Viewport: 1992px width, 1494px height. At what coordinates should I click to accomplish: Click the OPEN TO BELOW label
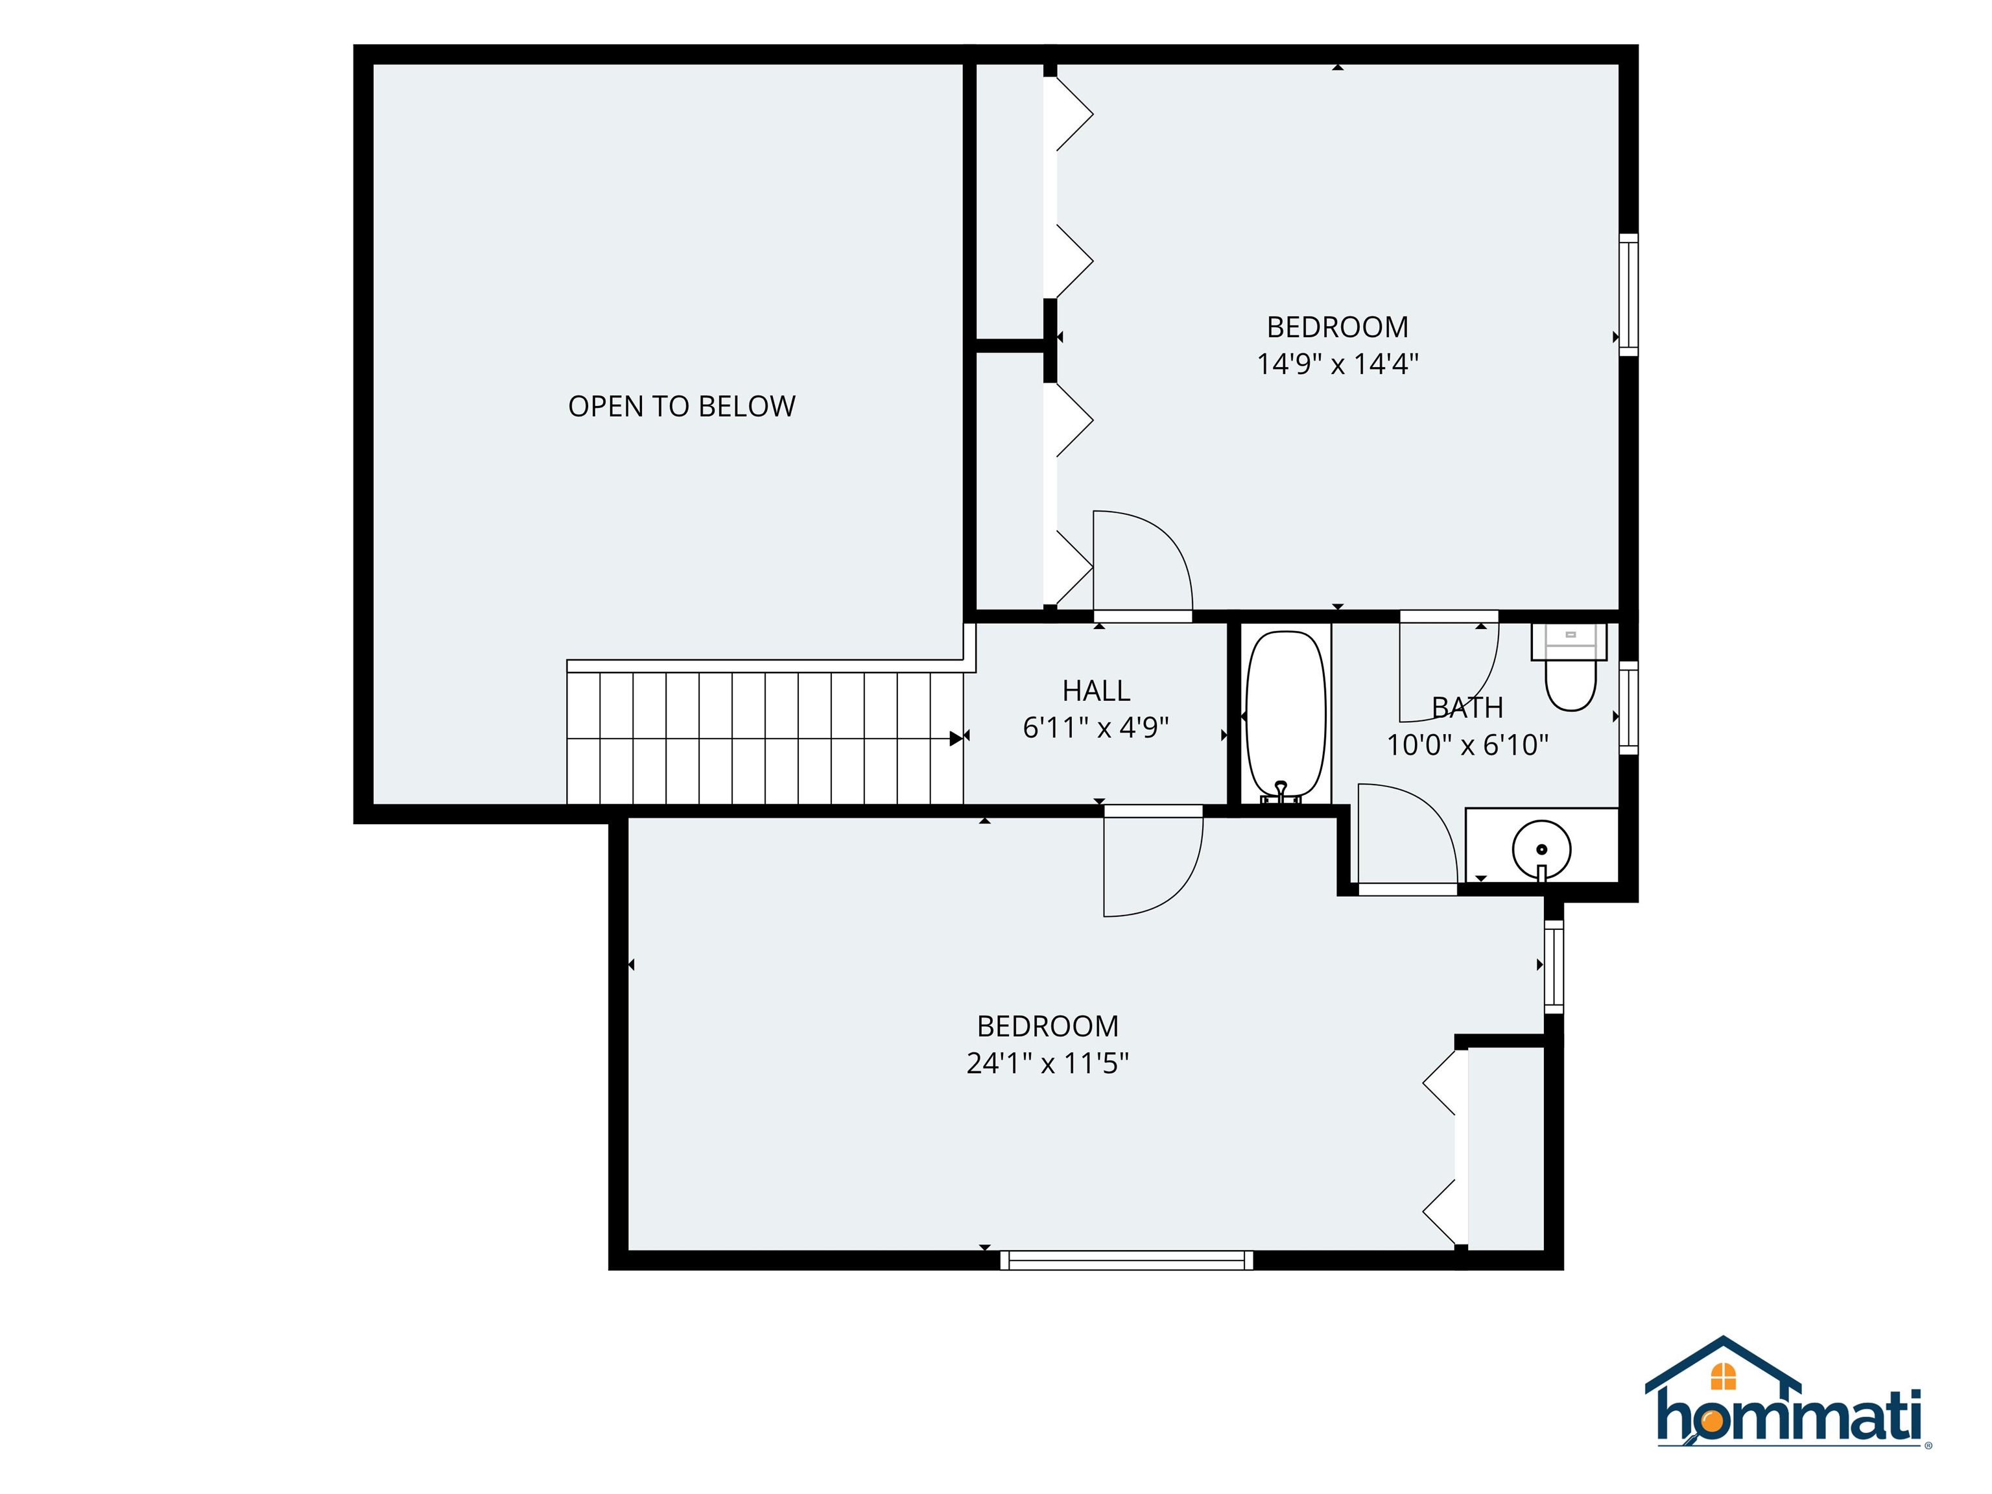pyautogui.click(x=682, y=406)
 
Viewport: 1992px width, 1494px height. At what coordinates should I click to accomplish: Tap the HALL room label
pyautogui.click(x=1096, y=691)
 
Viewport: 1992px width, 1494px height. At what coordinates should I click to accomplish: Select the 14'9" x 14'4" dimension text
pyautogui.click(x=1337, y=364)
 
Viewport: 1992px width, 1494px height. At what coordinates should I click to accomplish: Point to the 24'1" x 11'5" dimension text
pyautogui.click(x=1047, y=1063)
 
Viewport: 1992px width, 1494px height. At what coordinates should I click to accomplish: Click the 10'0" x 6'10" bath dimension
pyautogui.click(x=1467, y=745)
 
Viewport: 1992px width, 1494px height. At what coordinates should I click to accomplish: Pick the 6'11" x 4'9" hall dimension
pyautogui.click(x=1096, y=727)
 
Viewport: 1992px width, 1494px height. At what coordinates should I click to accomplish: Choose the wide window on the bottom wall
pyautogui.click(x=1126, y=1260)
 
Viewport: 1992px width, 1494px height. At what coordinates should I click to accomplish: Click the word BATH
pyautogui.click(x=1467, y=708)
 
